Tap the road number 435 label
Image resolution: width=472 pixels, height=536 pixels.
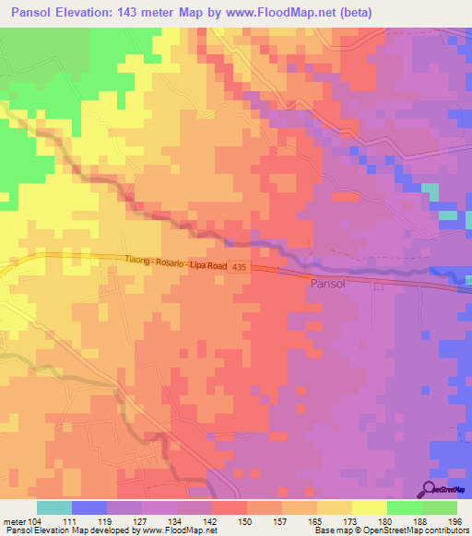pyautogui.click(x=240, y=266)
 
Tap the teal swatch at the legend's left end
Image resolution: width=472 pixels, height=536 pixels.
pyautogui.click(x=53, y=507)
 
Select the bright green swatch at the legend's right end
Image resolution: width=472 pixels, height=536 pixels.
pyautogui.click(x=440, y=507)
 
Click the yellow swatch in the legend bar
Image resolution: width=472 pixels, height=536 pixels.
pyautogui.click(x=370, y=507)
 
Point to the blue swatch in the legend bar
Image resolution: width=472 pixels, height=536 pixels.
pyautogui.click(x=89, y=507)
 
